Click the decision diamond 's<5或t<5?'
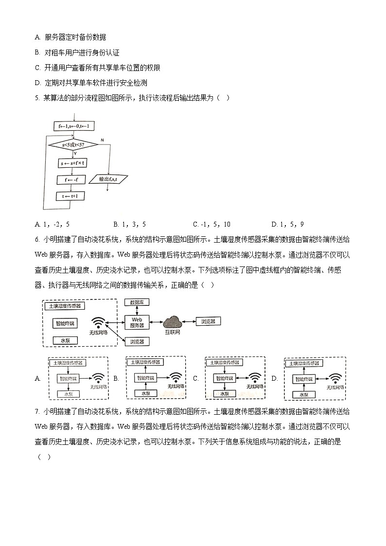(x=73, y=145)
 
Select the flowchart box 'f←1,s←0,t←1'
(x=73, y=126)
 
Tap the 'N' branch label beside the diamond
(x=102, y=140)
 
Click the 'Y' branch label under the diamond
(x=75, y=154)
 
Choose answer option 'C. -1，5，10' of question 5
(x=211, y=224)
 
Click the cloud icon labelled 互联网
(x=172, y=322)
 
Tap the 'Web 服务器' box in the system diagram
(x=137, y=322)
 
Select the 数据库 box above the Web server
(x=137, y=302)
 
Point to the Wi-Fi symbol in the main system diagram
(x=99, y=323)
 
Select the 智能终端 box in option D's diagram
(x=304, y=378)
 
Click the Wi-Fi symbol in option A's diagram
(x=98, y=378)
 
